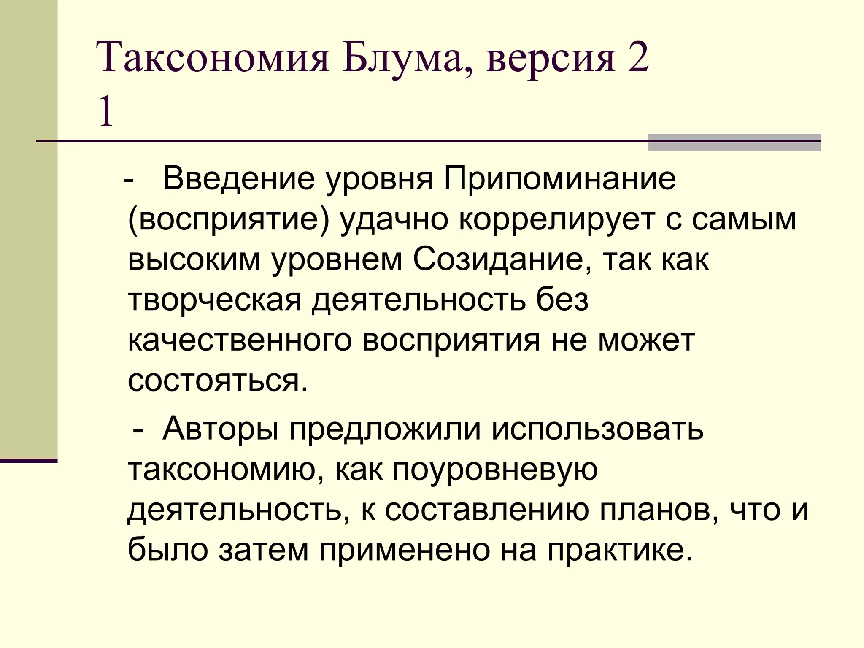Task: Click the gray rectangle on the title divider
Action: coord(734,143)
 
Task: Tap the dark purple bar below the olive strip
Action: coord(29,461)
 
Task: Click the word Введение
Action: coord(239,179)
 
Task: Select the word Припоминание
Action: coord(559,179)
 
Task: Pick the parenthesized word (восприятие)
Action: coord(228,219)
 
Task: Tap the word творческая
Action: coord(215,300)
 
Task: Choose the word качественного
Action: coord(240,340)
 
